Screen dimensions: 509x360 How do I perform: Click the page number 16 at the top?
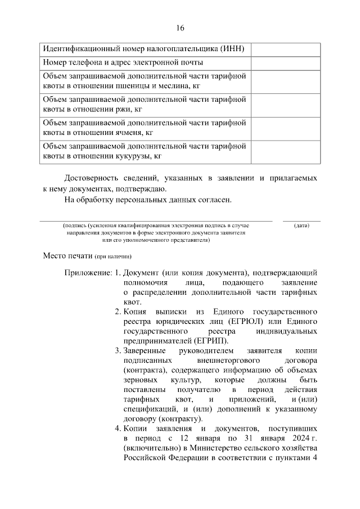click(179, 28)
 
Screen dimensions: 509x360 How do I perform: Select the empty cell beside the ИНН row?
click(285, 48)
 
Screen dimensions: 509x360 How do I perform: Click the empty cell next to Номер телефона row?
click(285, 62)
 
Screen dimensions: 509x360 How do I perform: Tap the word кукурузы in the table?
click(133, 156)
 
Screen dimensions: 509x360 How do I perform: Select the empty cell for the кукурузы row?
click(285, 151)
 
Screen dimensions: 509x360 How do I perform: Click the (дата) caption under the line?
click(301, 226)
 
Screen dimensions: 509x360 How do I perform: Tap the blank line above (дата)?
click(301, 220)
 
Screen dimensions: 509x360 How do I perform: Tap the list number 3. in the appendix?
click(118, 350)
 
